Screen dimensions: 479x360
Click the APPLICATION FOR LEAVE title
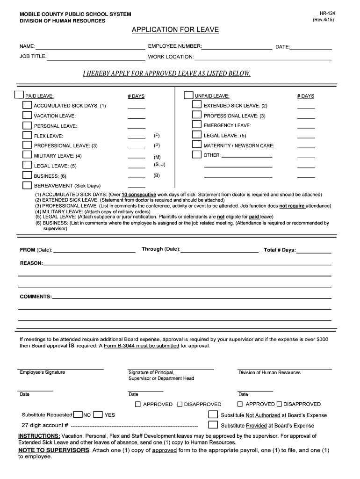pos(175,30)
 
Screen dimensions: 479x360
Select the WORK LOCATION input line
pos(262,58)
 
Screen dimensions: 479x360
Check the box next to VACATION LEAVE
pos(28,115)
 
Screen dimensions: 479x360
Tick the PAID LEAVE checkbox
pos(19,95)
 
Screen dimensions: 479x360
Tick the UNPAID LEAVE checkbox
pos(188,95)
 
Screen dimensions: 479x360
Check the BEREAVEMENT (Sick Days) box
pos(28,185)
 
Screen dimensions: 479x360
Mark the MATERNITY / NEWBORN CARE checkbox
pos(197,145)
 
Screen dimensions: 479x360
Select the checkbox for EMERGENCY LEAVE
pos(197,125)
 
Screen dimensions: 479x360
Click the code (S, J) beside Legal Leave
pos(159,165)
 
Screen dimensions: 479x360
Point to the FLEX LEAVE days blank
pos(137,138)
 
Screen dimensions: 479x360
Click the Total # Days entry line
pos(314,252)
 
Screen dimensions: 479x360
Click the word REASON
pos(31,263)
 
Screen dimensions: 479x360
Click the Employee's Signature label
pos(43,372)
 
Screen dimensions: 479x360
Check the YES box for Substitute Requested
pos(98,414)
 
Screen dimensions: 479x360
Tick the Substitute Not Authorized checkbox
pos(213,414)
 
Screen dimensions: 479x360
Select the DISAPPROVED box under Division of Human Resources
pos(279,404)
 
